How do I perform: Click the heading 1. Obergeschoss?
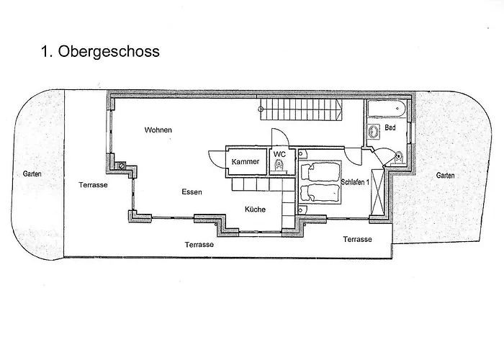100,51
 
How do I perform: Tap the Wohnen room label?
158,130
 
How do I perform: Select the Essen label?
192,192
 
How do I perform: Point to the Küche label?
255,210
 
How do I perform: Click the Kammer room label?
246,162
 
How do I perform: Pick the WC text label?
279,154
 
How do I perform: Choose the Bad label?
390,127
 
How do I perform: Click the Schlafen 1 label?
355,182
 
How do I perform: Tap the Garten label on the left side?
32,174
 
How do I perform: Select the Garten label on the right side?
446,176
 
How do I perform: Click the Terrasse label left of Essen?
93,185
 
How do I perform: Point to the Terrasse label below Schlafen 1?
357,239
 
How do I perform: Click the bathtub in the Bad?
387,109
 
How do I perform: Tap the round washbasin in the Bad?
374,132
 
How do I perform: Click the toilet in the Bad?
399,158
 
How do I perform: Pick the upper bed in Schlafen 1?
320,171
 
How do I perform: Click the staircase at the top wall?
300,109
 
